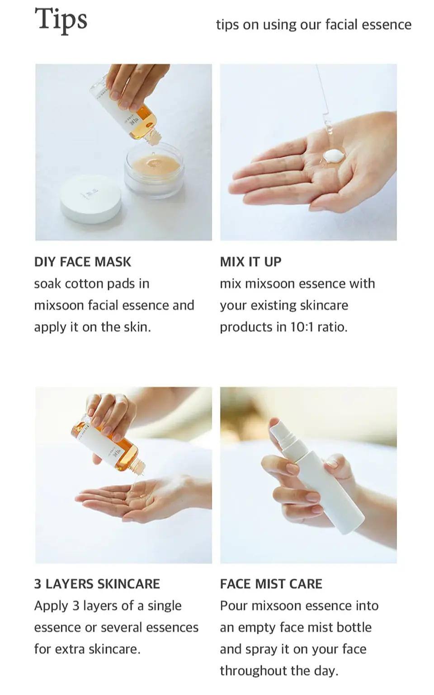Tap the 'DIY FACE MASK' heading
[83, 262]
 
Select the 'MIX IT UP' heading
[250, 262]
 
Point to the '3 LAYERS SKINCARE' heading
[97, 584]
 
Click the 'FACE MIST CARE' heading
[271, 584]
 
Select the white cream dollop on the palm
[334, 155]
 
